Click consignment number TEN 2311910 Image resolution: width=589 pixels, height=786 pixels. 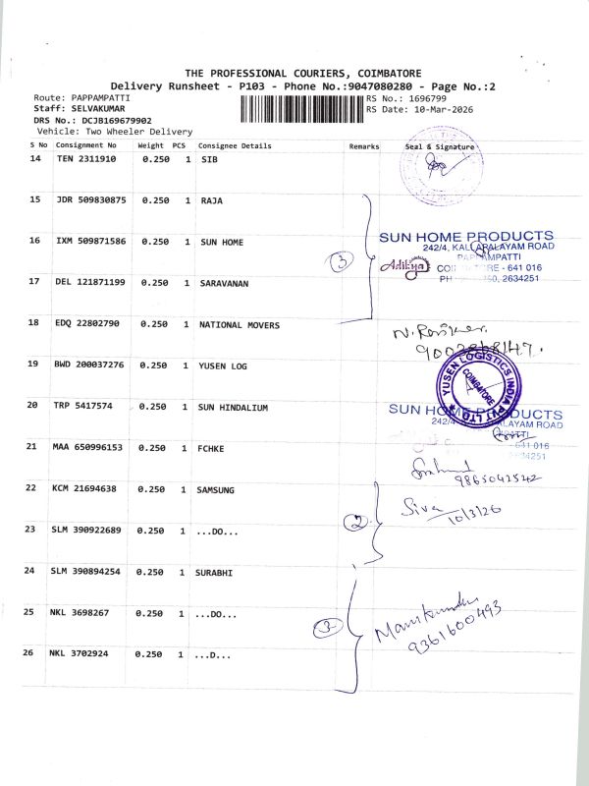coord(86,158)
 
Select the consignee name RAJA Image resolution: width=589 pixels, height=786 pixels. coord(211,200)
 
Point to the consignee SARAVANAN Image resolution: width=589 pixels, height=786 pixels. coord(225,283)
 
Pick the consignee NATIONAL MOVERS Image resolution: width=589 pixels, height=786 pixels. coord(239,324)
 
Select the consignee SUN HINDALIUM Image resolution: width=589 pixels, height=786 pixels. coord(234,406)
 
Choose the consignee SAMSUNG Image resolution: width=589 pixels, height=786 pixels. coord(219,488)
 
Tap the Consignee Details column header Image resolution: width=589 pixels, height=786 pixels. coord(235,146)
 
